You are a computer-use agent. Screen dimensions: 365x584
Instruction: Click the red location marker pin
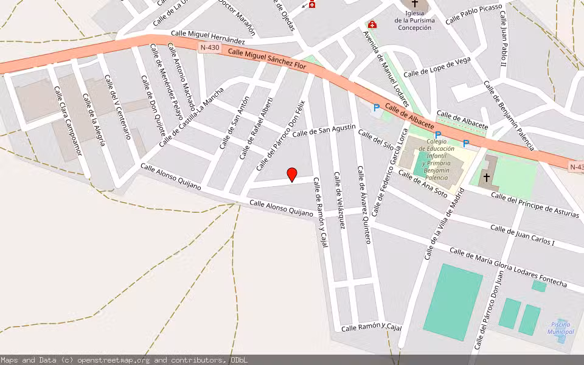(292, 174)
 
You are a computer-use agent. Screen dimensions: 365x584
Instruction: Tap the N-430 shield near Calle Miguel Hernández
(209, 47)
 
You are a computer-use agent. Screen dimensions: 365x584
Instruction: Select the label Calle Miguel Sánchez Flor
(267, 60)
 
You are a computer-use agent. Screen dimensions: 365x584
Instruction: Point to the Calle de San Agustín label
(324, 130)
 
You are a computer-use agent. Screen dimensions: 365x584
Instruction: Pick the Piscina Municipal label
(560, 328)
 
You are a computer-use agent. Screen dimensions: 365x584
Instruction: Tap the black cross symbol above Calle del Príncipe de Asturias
(487, 178)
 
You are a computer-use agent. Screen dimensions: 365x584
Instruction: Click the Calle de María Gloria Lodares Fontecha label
(508, 267)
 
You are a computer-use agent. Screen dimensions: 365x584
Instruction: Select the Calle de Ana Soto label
(422, 184)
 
